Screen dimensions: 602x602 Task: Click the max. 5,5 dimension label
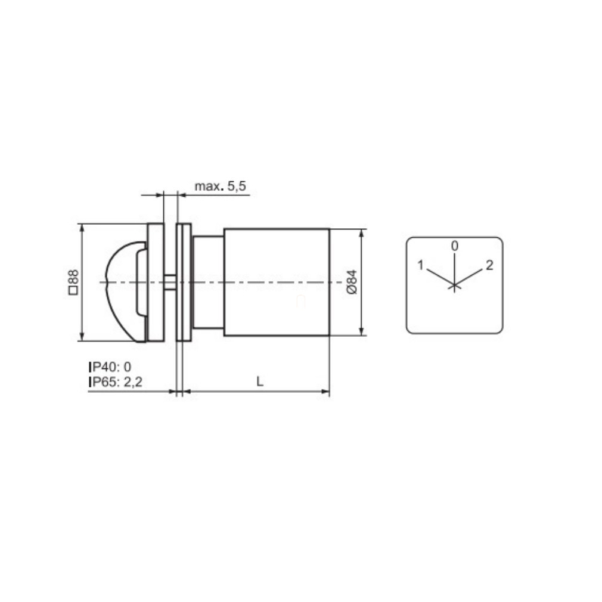220,187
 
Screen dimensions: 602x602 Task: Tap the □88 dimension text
73,282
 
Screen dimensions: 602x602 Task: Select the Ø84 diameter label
352,282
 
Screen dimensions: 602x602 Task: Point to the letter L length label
260,381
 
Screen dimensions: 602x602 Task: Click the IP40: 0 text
110,367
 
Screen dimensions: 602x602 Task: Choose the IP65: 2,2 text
116,382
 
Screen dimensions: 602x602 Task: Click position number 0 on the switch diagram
455,246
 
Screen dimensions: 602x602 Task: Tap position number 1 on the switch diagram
420,265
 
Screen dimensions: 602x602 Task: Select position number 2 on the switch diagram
489,265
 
